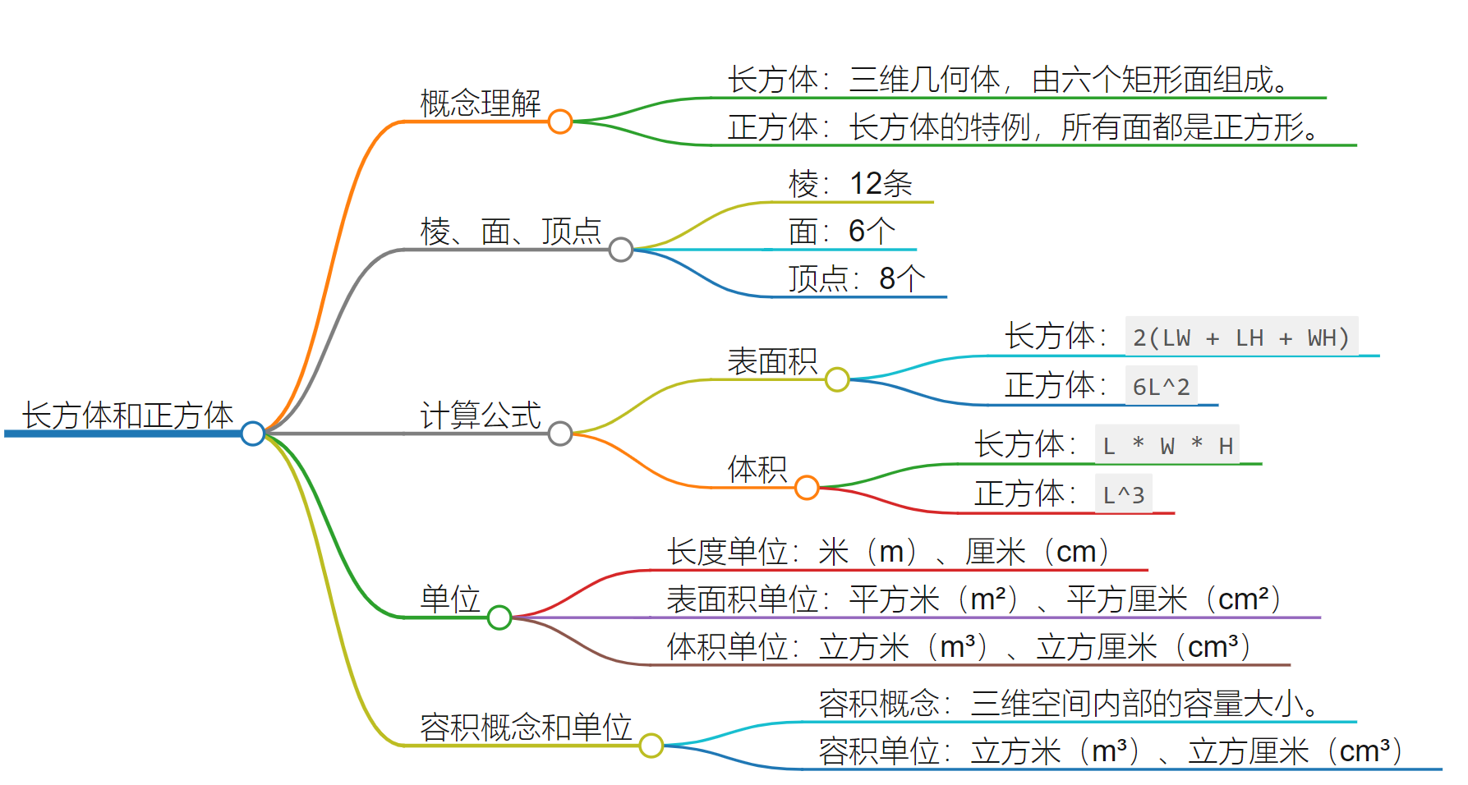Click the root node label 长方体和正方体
pos(127,415)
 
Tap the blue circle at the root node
pos(253,434)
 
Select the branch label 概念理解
pos(481,103)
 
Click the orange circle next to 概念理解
pos(560,122)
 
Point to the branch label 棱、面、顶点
pos(511,232)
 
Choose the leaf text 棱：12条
pos(850,184)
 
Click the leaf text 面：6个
pos(841,232)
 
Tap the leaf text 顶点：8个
pos(857,279)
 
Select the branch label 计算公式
pos(481,415)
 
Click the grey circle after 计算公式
pos(560,434)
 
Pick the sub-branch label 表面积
pos(772,361)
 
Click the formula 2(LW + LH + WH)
pos(1241,337)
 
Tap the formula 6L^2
pos(1161,386)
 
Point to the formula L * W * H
pos(1167,446)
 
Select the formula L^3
pos(1123,494)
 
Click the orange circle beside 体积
pos(807,488)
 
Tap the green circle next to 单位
pos(499,617)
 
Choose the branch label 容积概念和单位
pos(526,728)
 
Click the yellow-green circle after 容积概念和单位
pos(651,746)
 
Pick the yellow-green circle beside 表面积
pos(837,379)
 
